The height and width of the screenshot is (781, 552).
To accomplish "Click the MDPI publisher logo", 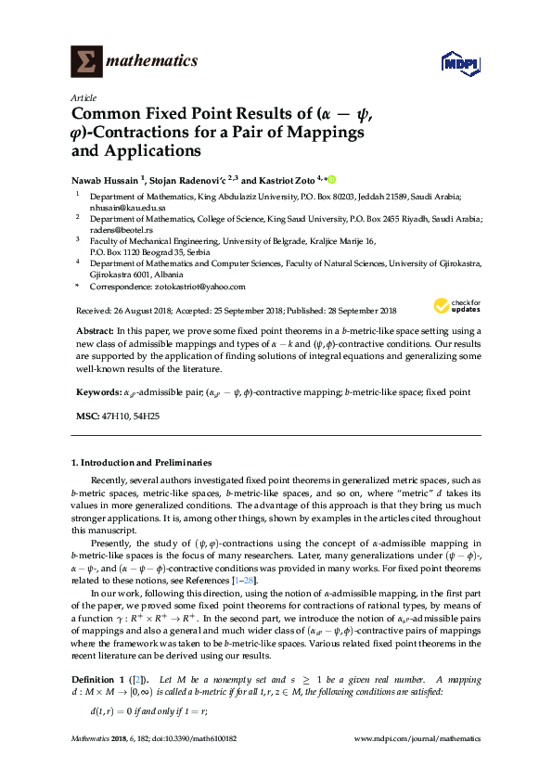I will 459,64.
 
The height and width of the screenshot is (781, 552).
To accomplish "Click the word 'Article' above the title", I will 82,97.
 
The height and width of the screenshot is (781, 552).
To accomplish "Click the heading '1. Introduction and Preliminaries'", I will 141,462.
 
